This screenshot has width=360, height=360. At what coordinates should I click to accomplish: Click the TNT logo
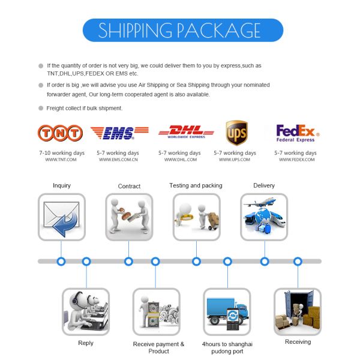(60, 133)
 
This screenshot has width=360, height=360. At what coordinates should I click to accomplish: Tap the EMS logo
(119, 133)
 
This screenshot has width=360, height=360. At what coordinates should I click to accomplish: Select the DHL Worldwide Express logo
(186, 132)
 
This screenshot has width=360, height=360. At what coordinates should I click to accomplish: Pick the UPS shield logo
(237, 133)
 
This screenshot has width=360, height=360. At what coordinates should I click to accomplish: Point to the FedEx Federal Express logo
(298, 133)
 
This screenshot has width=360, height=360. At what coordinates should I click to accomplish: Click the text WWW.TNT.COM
(61, 160)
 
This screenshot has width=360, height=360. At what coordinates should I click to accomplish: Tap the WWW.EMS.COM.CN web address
(118, 160)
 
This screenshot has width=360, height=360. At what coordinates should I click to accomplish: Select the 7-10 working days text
(62, 153)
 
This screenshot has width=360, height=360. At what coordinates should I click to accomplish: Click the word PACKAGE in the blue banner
(219, 31)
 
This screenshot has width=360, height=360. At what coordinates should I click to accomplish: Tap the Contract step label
(129, 186)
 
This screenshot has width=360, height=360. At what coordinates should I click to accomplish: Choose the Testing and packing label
(196, 186)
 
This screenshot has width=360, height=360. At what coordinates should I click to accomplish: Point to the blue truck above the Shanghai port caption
(227, 310)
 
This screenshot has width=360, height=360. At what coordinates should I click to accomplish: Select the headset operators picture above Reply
(86, 311)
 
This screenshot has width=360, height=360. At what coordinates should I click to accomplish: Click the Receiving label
(298, 342)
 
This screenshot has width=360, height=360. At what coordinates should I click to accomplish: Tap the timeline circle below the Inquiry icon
(61, 262)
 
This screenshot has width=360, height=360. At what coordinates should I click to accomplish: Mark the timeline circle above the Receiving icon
(298, 262)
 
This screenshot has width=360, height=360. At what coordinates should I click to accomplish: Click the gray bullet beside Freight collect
(41, 108)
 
